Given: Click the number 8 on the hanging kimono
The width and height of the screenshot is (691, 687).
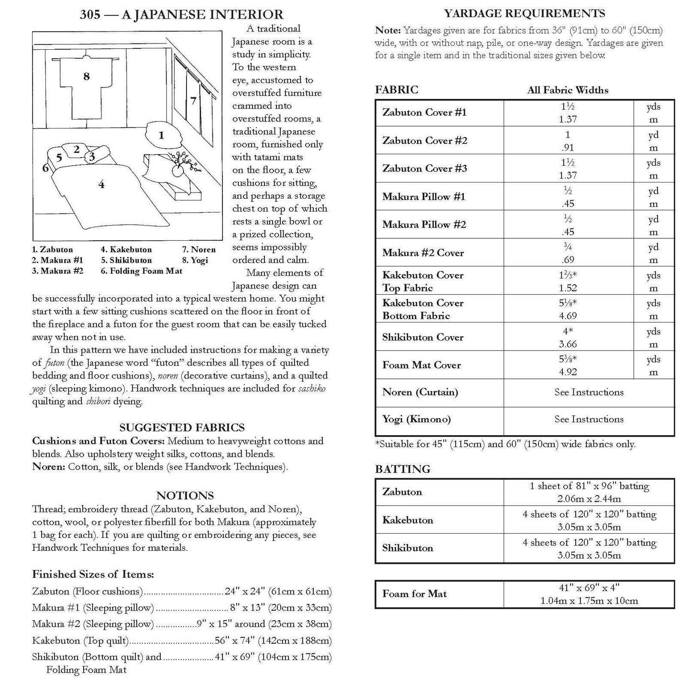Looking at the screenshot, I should click(86, 76).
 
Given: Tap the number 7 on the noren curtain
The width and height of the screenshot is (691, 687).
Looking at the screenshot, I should click(193, 100).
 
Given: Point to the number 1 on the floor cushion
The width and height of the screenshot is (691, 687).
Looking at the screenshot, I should click(161, 135).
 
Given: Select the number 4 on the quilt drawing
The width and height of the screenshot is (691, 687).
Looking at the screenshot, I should click(101, 184).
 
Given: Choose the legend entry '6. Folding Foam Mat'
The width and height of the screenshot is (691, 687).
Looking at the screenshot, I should click(141, 271).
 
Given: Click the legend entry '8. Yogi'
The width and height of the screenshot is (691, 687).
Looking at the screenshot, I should click(195, 260).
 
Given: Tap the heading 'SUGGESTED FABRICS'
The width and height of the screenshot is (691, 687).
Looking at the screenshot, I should click(182, 428).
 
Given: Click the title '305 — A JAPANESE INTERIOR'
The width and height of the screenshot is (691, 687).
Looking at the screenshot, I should click(181, 15).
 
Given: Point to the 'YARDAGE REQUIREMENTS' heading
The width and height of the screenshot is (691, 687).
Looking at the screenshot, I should click(525, 13).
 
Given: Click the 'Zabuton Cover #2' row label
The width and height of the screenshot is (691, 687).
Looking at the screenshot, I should click(425, 140).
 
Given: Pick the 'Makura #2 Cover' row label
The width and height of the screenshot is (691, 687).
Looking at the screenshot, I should click(423, 253).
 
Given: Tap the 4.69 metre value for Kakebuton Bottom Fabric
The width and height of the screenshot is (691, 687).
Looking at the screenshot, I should click(568, 316).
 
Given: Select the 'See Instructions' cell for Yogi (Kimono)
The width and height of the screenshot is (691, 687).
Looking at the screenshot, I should click(589, 419).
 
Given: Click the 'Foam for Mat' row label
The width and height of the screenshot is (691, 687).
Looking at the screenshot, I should click(414, 594).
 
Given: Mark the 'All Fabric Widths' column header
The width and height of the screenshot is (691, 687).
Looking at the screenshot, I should click(568, 90).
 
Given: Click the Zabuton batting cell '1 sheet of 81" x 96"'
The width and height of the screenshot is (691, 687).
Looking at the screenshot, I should click(589, 486).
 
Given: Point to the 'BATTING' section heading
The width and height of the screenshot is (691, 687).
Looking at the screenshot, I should click(402, 469).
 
